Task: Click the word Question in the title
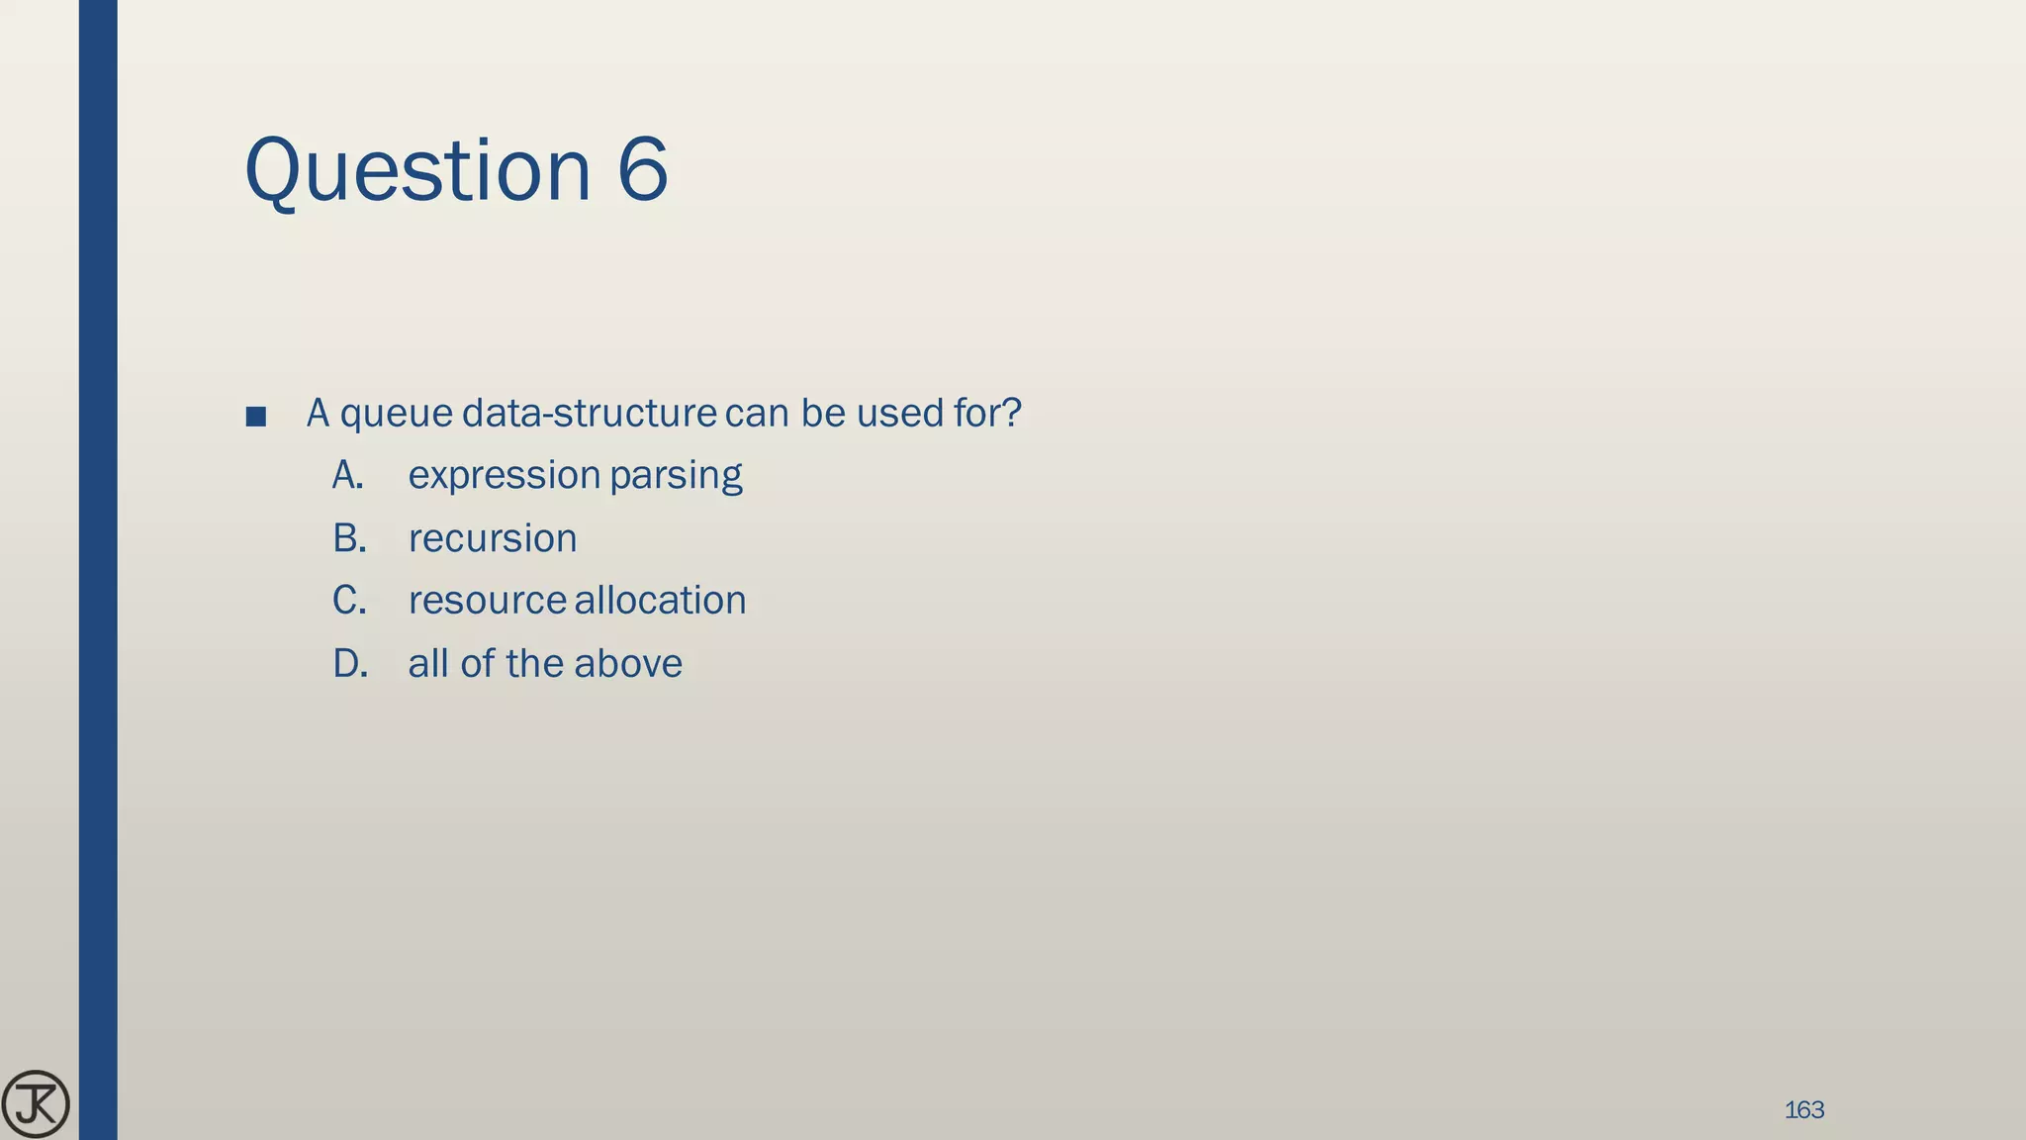pos(416,170)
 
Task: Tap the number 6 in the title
pos(643,170)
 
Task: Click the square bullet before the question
pos(255,417)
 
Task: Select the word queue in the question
pos(396,414)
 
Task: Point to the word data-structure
pos(589,413)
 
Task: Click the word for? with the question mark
pos(986,413)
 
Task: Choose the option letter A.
pos(347,476)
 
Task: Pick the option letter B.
pos(348,539)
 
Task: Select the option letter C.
pos(348,602)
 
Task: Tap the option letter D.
pos(349,664)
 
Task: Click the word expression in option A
pos(504,476)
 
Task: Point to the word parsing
pos(676,476)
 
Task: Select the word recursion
pos(492,539)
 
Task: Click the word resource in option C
pos(487,602)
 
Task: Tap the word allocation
pos(660,602)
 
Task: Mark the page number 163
pos(1803,1110)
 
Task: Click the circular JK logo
pos(36,1104)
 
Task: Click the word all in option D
pos(427,664)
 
